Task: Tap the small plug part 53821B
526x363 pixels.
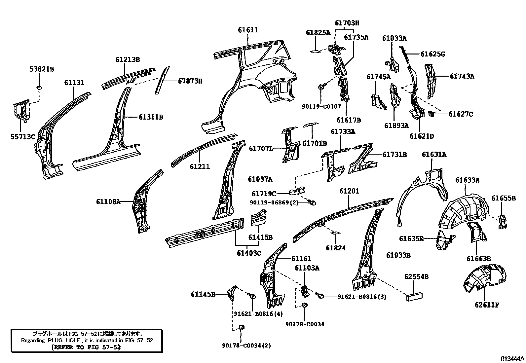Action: [39, 88]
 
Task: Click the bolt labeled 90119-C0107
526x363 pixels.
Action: [321, 87]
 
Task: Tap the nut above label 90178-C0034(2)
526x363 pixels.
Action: [241, 327]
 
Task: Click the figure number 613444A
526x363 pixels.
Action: [512, 359]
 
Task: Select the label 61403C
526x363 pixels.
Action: [249, 253]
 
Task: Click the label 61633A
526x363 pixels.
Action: [468, 180]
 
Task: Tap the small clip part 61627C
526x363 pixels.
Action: [431, 114]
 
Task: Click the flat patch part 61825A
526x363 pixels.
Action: [316, 51]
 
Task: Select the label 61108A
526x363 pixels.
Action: [108, 201]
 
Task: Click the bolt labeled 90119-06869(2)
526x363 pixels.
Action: [313, 202]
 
